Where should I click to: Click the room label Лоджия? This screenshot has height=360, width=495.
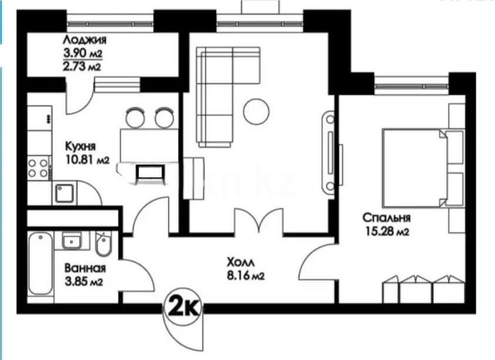pos(85,41)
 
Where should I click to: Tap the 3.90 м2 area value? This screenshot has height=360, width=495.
pos(82,54)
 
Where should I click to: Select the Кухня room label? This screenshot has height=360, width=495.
pos(80,146)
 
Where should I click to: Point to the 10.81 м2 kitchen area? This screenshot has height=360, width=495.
pos(87,159)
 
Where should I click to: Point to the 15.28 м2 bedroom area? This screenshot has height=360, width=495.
pos(385,232)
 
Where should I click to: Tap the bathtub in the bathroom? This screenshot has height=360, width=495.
pos(41,264)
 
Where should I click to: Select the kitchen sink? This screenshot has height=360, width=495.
pos(65,193)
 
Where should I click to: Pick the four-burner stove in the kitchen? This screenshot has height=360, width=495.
pos(39,168)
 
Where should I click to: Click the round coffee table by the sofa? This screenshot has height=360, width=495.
pos(256,111)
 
